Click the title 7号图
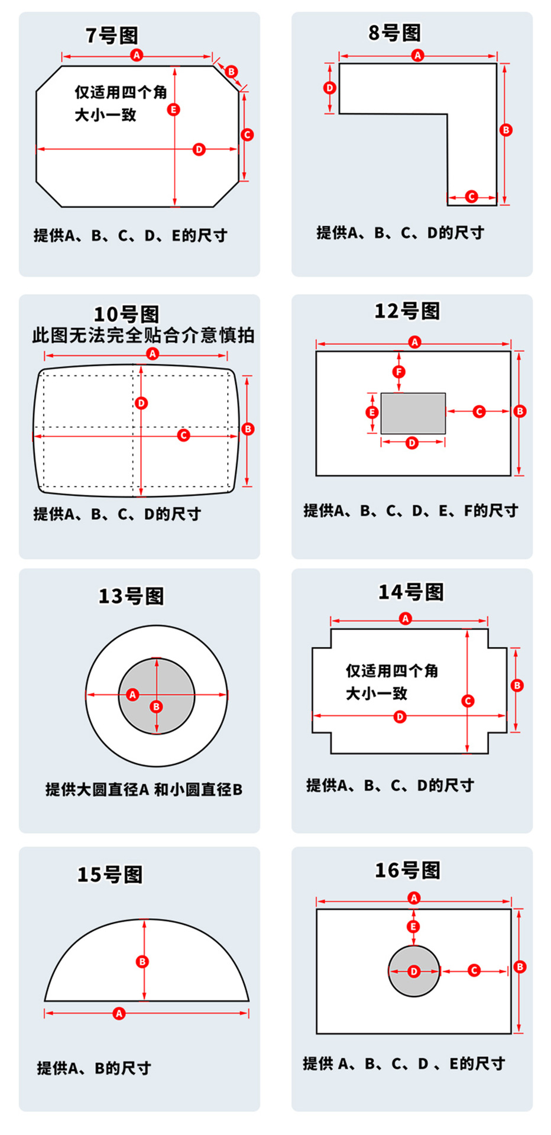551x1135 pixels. point(112,35)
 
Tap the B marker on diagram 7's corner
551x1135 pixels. point(231,72)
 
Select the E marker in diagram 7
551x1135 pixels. point(173,110)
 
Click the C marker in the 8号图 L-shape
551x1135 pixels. point(471,197)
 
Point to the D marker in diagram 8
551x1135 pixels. point(330,88)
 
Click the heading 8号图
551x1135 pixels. point(394,33)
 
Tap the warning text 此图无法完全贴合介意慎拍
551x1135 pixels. point(143,335)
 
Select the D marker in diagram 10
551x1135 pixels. point(141,403)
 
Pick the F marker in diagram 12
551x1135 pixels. point(399,372)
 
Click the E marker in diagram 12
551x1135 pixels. point(372,412)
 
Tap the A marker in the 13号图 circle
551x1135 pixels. point(132,695)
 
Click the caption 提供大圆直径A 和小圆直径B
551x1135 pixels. point(144,789)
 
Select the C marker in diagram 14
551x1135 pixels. point(468,701)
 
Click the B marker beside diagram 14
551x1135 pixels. point(517,685)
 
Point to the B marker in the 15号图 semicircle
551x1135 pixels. point(142,962)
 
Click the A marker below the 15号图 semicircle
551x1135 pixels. point(119,1013)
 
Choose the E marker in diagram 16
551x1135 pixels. point(414,926)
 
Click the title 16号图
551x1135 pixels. point(407,870)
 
